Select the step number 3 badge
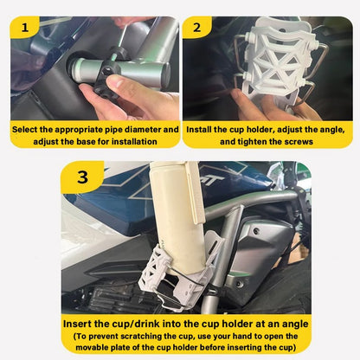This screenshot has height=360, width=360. pyautogui.click(x=83, y=177)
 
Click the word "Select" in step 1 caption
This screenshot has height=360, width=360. pyautogui.click(x=28, y=130)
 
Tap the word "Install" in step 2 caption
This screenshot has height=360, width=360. pyautogui.click(x=205, y=130)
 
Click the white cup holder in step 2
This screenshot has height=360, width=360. pyautogui.click(x=276, y=61)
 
